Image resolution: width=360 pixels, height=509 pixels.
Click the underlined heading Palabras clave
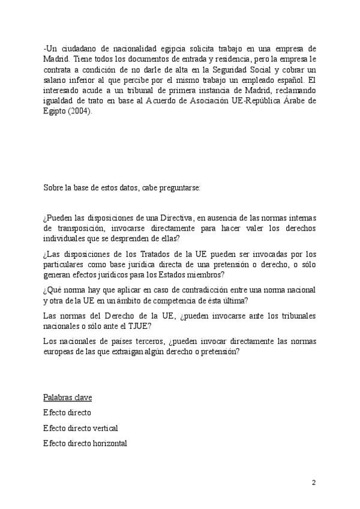coord(67,398)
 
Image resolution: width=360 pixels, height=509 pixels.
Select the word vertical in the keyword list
coord(105,428)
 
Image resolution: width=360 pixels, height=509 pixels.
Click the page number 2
coord(313,482)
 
